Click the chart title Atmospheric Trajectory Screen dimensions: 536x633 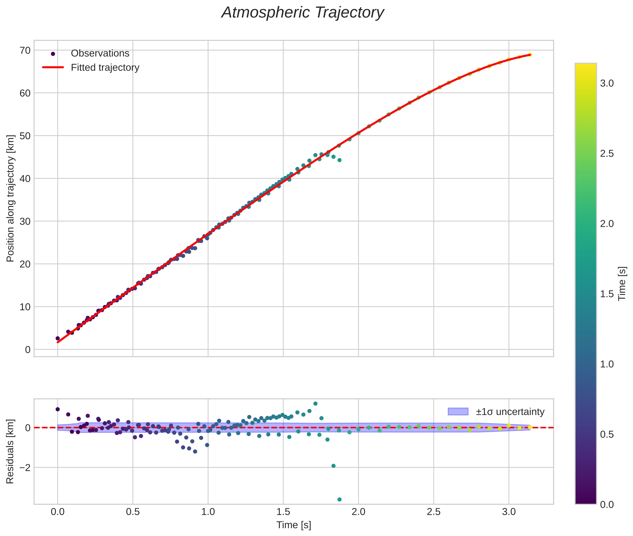point(302,13)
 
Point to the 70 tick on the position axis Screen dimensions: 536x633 point(25,50)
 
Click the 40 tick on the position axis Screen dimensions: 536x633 point(25,179)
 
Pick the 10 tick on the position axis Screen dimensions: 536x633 point(25,307)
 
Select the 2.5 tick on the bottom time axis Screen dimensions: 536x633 point(434,512)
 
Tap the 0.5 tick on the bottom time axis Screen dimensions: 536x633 point(133,512)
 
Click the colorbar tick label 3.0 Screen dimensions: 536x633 point(607,84)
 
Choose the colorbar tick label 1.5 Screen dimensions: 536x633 point(607,294)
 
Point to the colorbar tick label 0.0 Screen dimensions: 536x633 point(607,505)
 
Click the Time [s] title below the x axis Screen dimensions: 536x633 point(294,525)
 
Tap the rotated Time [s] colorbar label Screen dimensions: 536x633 point(622,284)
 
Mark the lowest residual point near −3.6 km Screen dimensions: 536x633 point(339,499)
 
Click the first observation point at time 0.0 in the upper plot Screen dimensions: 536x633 point(58,338)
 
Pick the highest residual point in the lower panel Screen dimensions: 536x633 point(316,404)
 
